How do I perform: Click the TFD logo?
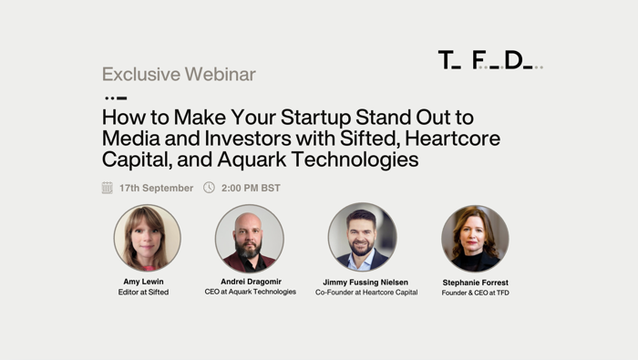(489, 60)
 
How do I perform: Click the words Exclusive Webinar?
(179, 74)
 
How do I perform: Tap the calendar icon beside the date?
(108, 188)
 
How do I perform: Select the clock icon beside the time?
(209, 188)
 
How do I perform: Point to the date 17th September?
(156, 188)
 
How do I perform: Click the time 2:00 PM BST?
(251, 188)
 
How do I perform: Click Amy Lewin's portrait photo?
(147, 237)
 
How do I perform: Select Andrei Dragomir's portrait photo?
(249, 237)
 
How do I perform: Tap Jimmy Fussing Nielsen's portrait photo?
(362, 237)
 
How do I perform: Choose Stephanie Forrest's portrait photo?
(475, 237)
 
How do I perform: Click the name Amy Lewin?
(143, 282)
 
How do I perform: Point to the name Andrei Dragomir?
(250, 282)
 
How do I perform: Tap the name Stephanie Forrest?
(475, 283)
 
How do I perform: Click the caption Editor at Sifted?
(143, 293)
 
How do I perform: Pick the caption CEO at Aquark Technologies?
(250, 293)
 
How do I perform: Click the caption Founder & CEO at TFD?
(475, 293)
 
